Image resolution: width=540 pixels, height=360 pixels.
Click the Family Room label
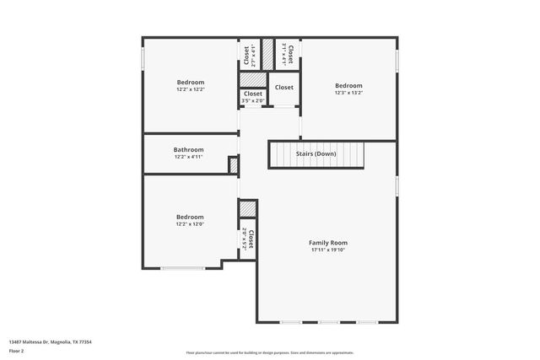pyautogui.click(x=327, y=243)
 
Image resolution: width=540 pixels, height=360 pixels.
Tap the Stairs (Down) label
pyautogui.click(x=316, y=154)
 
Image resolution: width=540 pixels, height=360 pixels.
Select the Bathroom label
pyautogui.click(x=189, y=150)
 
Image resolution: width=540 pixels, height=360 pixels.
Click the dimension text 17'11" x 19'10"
pyautogui.click(x=327, y=250)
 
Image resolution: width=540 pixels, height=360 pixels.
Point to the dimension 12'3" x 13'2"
pyautogui.click(x=348, y=93)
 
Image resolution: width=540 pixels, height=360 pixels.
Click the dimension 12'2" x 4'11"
pyautogui.click(x=189, y=157)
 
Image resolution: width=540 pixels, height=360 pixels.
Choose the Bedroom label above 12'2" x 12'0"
pyautogui.click(x=190, y=217)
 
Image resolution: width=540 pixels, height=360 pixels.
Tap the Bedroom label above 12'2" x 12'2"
pyautogui.click(x=190, y=82)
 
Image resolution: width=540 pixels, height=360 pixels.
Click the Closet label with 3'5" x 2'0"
pyautogui.click(x=253, y=94)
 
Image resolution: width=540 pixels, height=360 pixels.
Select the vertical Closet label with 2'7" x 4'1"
pyautogui.click(x=246, y=56)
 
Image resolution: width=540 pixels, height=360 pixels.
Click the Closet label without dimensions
pyautogui.click(x=283, y=87)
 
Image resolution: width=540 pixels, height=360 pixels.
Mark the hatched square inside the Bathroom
pyautogui.click(x=234, y=165)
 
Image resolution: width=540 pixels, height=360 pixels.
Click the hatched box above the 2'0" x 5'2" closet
pyautogui.click(x=247, y=209)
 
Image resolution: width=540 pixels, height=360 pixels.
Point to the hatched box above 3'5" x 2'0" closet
pyautogui.click(x=252, y=79)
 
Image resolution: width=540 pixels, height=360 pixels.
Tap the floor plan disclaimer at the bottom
pyautogui.click(x=270, y=353)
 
